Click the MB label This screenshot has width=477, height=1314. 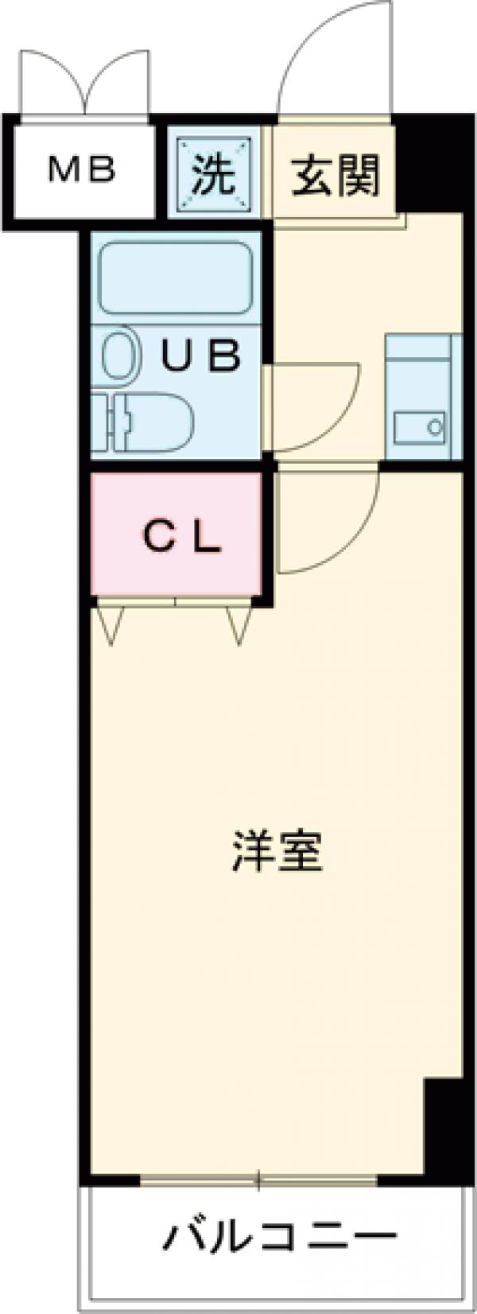pos(82,169)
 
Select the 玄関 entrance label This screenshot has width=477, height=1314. pos(335,175)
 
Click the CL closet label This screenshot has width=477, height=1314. pos(181,539)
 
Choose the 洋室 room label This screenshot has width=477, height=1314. pos(277,852)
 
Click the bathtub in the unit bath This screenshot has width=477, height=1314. pos(175,278)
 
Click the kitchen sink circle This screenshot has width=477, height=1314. pos(435,426)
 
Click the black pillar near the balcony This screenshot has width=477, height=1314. pos(443,1129)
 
